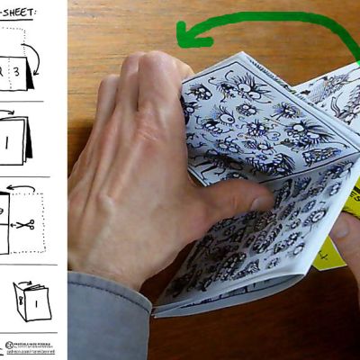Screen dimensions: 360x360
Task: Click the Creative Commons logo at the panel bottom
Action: pyautogui.click(x=9, y=345)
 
